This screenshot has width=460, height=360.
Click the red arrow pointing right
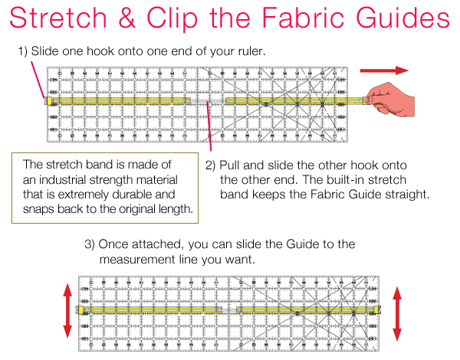point(384,70)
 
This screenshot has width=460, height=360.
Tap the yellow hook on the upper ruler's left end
point(50,100)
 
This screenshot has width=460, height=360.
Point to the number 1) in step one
point(24,52)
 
